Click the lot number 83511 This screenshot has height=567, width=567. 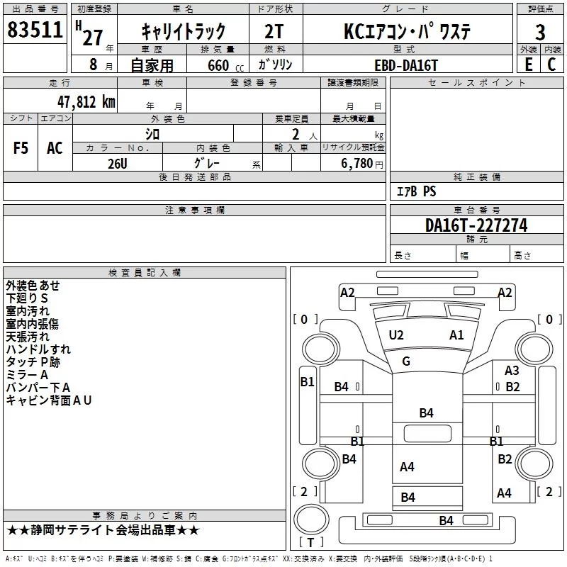(35, 29)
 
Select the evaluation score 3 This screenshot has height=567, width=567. (540, 33)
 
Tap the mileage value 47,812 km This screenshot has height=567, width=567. (86, 101)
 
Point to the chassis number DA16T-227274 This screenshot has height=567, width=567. (476, 225)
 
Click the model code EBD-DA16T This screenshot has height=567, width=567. (405, 65)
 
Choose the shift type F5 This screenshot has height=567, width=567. (21, 148)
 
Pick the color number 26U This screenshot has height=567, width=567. (118, 164)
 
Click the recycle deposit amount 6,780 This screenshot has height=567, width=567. (357, 163)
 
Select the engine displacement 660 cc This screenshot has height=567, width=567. (225, 65)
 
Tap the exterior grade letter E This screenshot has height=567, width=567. (528, 64)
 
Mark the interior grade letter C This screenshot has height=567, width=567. (551, 64)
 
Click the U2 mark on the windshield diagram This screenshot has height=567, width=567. (396, 335)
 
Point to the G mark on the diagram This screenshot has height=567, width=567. (406, 361)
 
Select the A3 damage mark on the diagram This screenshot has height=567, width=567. (512, 371)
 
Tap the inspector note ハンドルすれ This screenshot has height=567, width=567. (38, 349)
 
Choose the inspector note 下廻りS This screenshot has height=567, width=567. (27, 298)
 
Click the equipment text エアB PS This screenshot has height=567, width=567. (416, 191)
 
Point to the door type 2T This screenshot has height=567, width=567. (274, 32)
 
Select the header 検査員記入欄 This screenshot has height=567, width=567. (145, 273)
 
